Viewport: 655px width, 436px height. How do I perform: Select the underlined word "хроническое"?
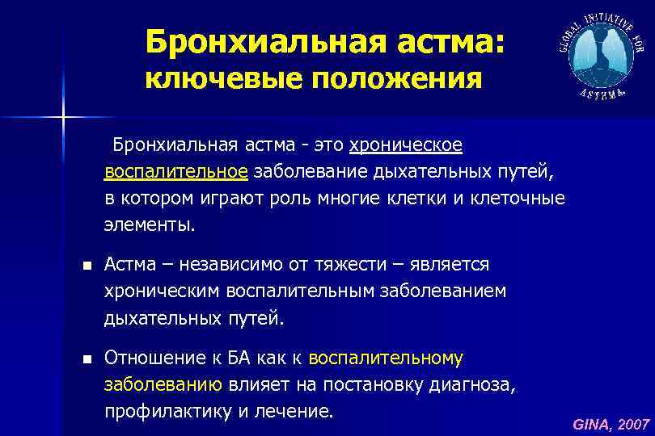(x=406, y=145)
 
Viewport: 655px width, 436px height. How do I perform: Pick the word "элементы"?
(x=149, y=224)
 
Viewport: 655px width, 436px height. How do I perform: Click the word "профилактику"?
(x=163, y=411)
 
